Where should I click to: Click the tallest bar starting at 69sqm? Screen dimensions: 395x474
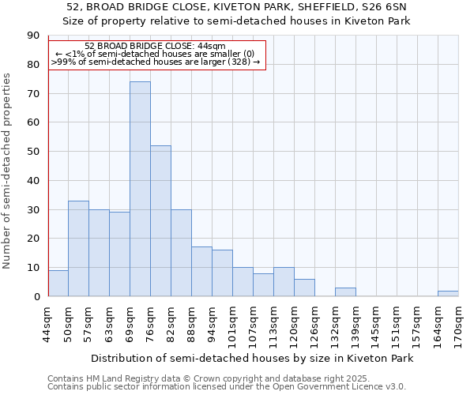pos(140,189)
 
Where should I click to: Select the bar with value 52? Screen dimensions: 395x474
pos(160,220)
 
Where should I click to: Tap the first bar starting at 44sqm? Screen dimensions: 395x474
pos(58,283)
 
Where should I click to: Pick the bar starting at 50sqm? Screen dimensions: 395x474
pos(78,248)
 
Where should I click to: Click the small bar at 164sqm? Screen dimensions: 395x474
pos(448,293)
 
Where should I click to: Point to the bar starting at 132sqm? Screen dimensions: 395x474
pos(345,292)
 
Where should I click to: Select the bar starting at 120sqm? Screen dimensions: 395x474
pos(304,288)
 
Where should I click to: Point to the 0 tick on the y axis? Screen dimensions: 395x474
pos(36,296)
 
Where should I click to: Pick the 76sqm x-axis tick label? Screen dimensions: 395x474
pos(150,323)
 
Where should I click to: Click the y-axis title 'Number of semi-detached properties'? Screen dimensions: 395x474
pos(8,170)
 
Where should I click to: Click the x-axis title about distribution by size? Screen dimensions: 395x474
pos(253,358)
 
